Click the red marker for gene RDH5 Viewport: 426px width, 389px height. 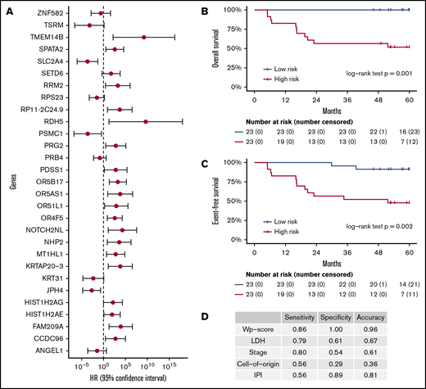pos(146,120)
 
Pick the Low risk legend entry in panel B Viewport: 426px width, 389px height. pos(283,71)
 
